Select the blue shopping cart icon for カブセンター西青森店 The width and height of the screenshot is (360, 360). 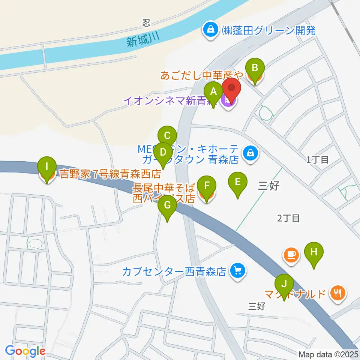click(x=237, y=270)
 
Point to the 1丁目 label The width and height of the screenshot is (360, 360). click(x=318, y=160)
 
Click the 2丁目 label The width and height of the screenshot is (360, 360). click(x=288, y=218)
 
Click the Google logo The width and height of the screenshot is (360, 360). click(x=25, y=351)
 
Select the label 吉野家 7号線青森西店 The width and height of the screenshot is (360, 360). click(x=111, y=174)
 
